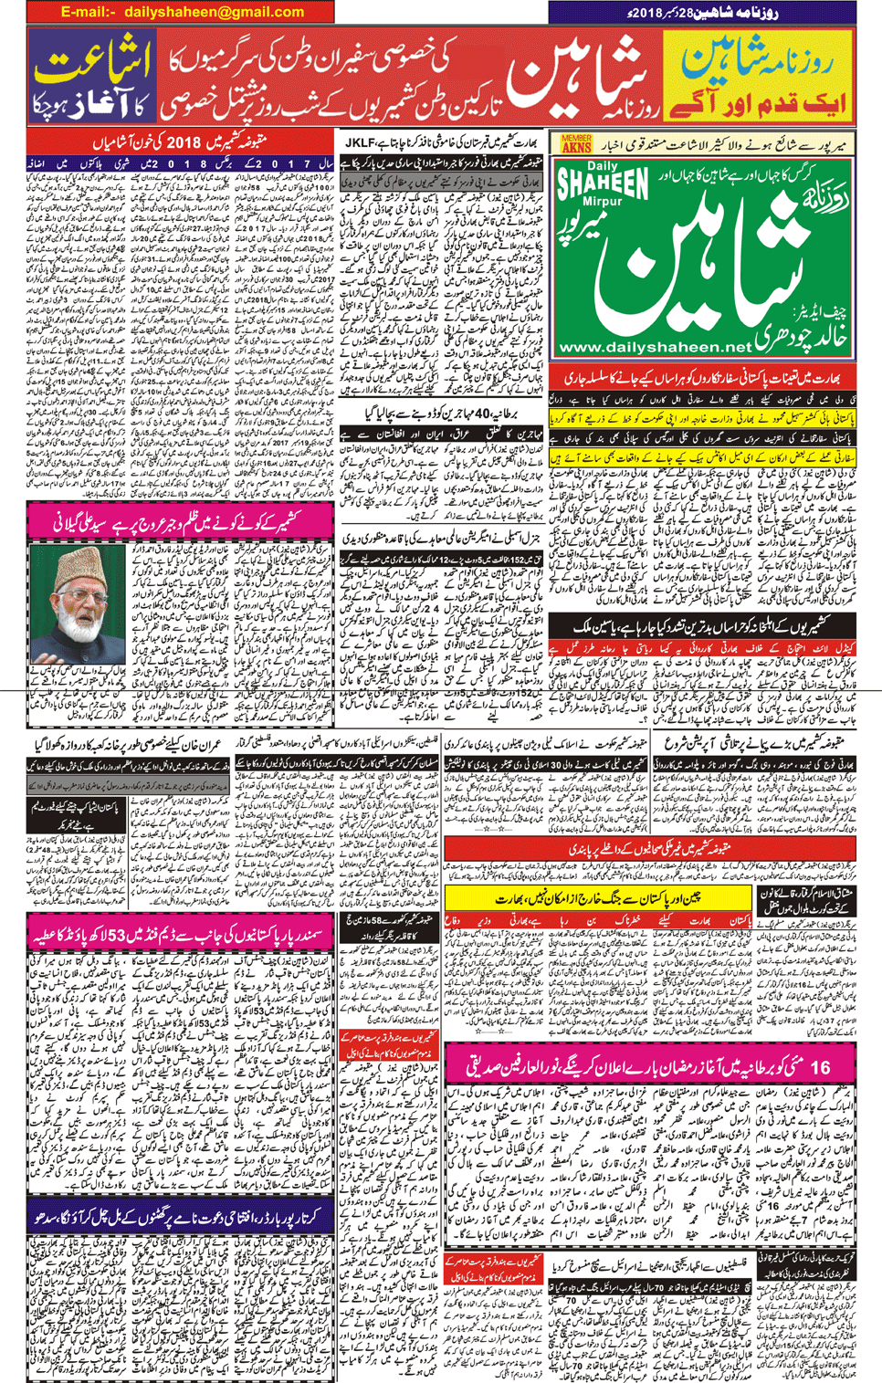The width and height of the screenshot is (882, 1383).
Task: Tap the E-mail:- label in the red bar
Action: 89,12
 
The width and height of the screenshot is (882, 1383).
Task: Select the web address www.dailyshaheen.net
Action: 656,347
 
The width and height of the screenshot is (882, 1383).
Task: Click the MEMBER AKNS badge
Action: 576,142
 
